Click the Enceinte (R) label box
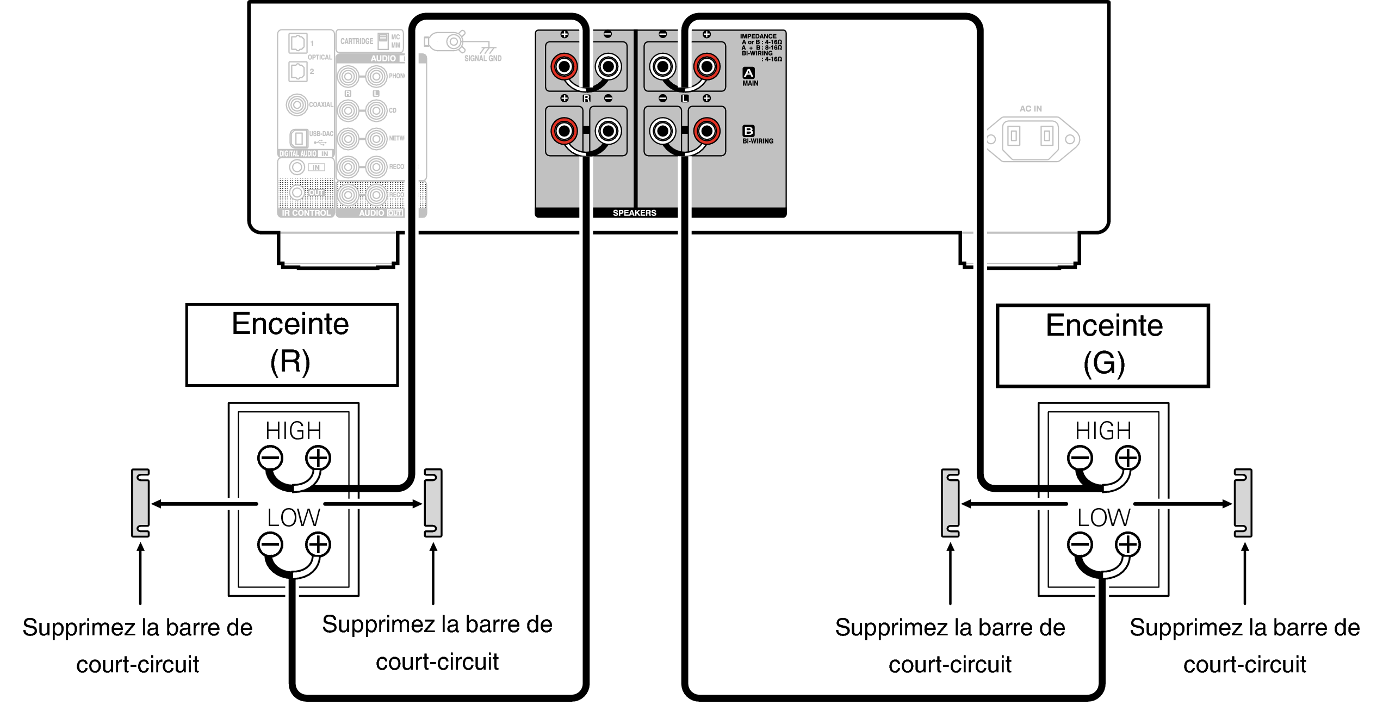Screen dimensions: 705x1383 click(292, 345)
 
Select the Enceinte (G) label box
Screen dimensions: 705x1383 click(1102, 346)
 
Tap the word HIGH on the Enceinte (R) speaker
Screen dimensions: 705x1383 click(293, 431)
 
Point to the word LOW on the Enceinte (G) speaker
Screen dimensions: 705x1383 click(1103, 517)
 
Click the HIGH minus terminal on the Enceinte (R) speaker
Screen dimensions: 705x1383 click(270, 457)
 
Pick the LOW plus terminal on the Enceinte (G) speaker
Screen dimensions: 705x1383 click(1128, 545)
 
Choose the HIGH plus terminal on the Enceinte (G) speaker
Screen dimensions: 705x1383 click(1128, 457)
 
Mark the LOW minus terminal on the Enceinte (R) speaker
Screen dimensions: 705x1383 click(270, 545)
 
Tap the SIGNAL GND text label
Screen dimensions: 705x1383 click(483, 58)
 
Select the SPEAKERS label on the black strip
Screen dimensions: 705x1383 click(634, 213)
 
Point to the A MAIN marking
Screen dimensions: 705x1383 click(749, 76)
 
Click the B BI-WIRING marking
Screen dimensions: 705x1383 click(756, 134)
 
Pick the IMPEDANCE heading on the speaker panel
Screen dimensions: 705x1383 click(758, 36)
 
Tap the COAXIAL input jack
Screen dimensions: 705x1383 click(297, 104)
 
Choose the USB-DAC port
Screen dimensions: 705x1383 click(299, 139)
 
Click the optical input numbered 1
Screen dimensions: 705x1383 click(297, 43)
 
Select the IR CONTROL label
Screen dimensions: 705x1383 click(306, 213)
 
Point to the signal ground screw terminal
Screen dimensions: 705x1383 click(454, 41)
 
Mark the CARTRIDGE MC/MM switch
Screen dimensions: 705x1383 click(383, 41)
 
